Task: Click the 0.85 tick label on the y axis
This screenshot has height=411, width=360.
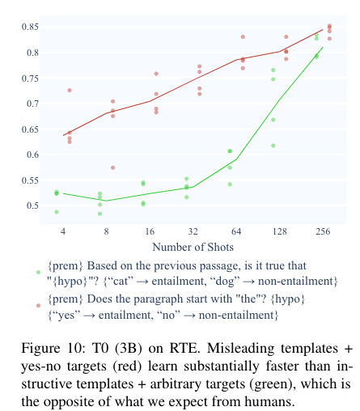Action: [30, 27]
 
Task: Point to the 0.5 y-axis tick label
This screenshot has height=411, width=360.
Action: [32, 205]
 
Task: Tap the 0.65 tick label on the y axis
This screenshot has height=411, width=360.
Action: [30, 129]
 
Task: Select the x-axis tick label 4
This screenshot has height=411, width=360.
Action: [63, 231]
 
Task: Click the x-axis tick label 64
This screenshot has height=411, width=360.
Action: [236, 231]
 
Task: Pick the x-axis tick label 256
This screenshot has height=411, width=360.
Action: [323, 231]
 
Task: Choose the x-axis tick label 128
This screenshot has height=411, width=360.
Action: [280, 231]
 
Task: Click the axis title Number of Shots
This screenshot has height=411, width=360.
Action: [193, 247]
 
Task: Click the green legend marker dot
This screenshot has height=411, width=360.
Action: [38, 273]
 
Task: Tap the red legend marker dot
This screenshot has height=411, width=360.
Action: [38, 306]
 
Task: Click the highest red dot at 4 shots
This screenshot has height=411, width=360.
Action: [70, 91]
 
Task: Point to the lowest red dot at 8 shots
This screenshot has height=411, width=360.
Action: [113, 167]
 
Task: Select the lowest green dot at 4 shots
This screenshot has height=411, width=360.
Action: [57, 212]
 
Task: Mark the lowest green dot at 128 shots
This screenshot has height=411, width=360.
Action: [273, 146]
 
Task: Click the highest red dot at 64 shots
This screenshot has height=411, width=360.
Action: [243, 37]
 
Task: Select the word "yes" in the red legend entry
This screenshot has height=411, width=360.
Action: [65, 316]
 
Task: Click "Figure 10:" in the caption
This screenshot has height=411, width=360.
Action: [53, 348]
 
